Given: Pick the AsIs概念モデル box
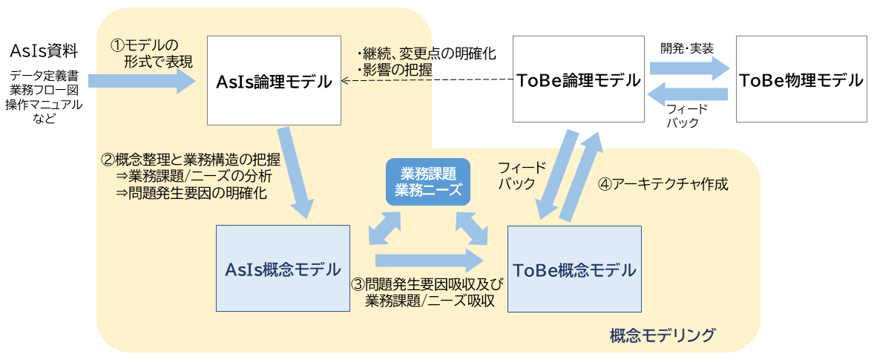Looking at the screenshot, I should click(282, 269).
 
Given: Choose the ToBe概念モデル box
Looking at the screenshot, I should click(574, 269).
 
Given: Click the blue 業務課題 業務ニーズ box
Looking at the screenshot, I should click(427, 181).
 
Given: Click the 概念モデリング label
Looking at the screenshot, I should click(662, 335).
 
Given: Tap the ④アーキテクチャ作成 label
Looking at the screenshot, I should click(663, 184).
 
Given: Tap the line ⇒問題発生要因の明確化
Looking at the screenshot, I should click(191, 193).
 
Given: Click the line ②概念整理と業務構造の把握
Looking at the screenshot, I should click(191, 159).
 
